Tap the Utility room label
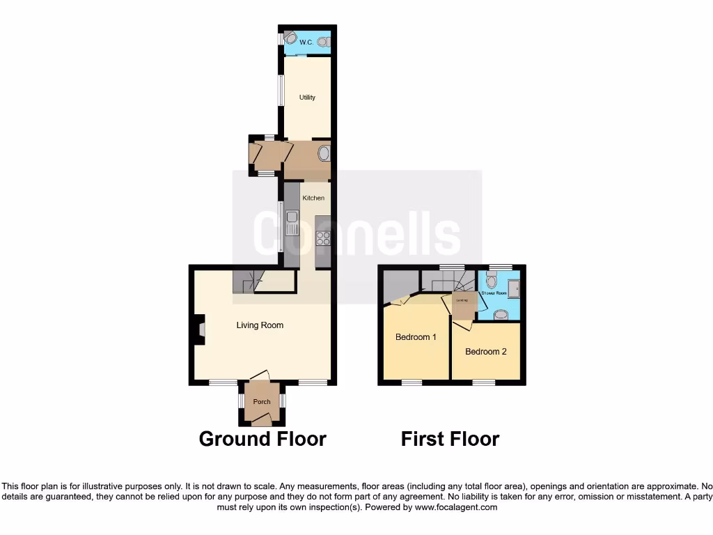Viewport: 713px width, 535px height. (307, 97)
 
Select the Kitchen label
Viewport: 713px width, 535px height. (313, 198)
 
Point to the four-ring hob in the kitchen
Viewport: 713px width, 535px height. (323, 238)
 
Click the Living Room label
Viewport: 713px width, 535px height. (260, 325)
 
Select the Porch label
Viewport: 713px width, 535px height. (262, 401)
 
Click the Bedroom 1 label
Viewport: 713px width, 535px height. (416, 337)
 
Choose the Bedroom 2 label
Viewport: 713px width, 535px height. (486, 351)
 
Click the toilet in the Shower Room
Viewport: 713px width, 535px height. (492, 281)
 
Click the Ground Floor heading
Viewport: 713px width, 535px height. (263, 439)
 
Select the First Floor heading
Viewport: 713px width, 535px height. (450, 439)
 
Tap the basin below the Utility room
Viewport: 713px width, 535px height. (324, 153)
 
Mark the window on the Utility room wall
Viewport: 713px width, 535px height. (281, 91)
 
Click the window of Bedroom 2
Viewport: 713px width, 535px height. (483, 382)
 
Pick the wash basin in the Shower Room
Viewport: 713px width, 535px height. (500, 314)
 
